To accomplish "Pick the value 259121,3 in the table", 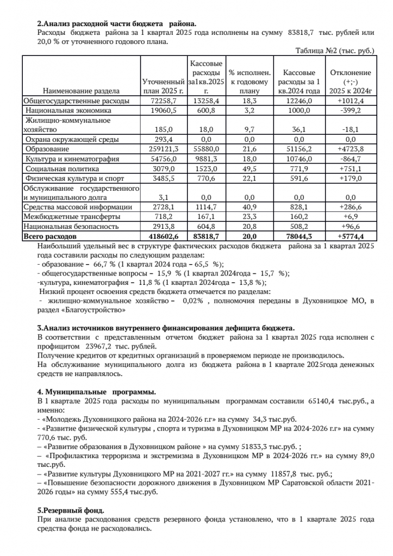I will coord(163,148).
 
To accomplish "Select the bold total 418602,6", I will coord(163,236).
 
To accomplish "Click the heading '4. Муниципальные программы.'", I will coord(96,391).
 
